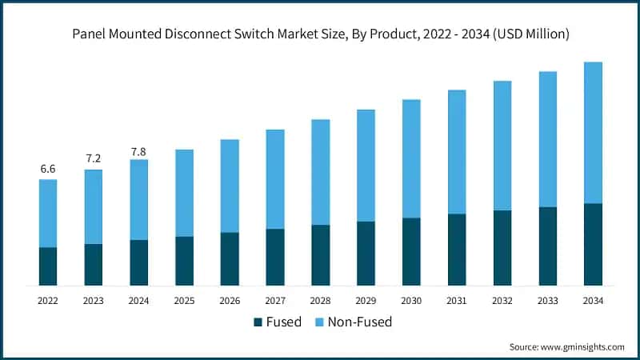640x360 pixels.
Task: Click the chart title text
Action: [320, 34]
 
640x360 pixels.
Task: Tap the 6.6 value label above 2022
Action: [48, 169]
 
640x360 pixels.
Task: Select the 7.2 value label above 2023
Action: [94, 158]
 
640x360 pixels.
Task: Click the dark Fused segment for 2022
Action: [48, 266]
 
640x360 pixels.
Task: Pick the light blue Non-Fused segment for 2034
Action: [593, 133]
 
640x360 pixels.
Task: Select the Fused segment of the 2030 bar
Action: [411, 251]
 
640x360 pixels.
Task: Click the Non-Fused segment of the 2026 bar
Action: [230, 186]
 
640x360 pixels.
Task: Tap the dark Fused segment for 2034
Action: [593, 244]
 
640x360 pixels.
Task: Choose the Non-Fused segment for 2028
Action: [320, 172]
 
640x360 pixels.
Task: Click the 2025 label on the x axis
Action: [184, 300]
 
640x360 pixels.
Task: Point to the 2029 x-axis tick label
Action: [366, 300]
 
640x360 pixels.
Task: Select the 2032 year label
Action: [502, 300]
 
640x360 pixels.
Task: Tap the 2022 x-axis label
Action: [48, 300]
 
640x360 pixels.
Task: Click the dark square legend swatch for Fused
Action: [258, 322]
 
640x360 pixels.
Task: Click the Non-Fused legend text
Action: [359, 322]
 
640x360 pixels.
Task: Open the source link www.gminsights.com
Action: [584, 346]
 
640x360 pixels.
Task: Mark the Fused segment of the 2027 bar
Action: [275, 257]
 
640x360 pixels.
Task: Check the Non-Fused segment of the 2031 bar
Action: [457, 152]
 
